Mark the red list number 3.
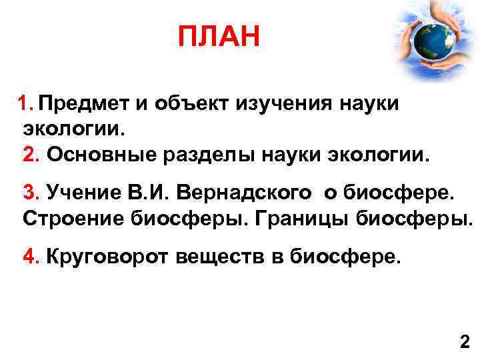pyautogui.click(x=31, y=194)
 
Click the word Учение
pyautogui.click(x=79, y=194)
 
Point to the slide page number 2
pyautogui.click(x=465, y=343)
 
